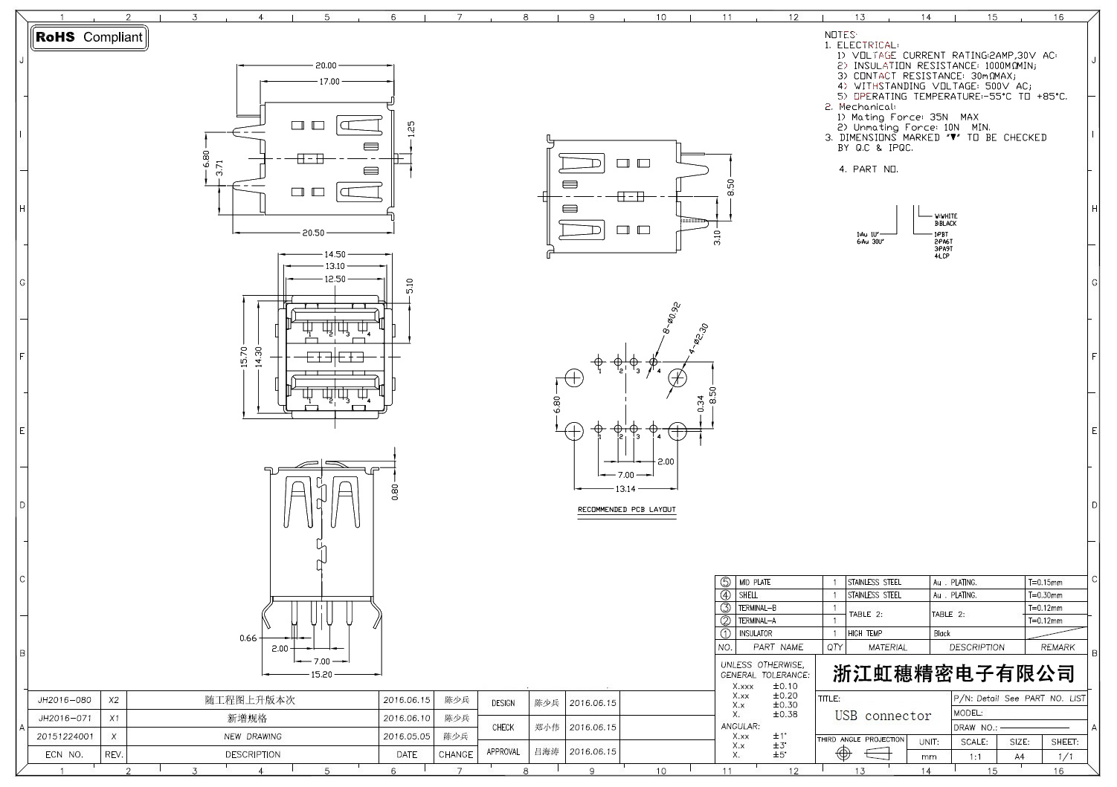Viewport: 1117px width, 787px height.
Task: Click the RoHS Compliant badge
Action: [88, 37]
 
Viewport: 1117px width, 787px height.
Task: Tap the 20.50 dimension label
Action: [313, 233]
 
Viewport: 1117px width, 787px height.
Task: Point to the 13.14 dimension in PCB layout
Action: [625, 489]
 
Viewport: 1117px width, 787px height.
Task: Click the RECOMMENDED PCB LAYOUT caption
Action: [627, 510]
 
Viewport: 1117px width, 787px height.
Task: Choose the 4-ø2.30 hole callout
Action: [698, 337]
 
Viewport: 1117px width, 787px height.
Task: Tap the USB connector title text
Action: [883, 716]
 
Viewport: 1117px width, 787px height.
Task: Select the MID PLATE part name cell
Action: [754, 583]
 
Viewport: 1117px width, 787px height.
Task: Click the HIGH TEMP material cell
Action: [865, 634]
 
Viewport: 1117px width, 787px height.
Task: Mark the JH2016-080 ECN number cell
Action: [65, 700]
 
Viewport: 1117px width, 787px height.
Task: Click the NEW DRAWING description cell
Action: [253, 736]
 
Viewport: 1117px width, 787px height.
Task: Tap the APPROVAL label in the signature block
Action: [503, 752]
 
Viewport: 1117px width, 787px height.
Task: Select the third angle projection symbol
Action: [859, 754]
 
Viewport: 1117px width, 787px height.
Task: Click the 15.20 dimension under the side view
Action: [321, 674]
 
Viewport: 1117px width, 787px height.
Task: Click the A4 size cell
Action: [1019, 757]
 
